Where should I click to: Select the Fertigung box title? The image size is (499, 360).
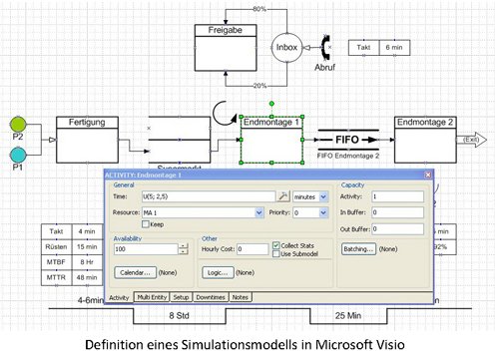pyautogui.click(x=87, y=122)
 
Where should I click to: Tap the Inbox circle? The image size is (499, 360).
pyautogui.click(x=286, y=46)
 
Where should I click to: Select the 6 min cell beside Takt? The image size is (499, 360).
pyautogui.click(x=392, y=47)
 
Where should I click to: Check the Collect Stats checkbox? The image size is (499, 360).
pyautogui.click(x=276, y=244)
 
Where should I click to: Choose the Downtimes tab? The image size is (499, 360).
pyautogui.click(x=211, y=297)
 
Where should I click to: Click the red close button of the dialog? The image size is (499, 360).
pyautogui.click(x=426, y=175)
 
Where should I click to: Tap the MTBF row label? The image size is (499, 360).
pyautogui.click(x=57, y=263)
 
